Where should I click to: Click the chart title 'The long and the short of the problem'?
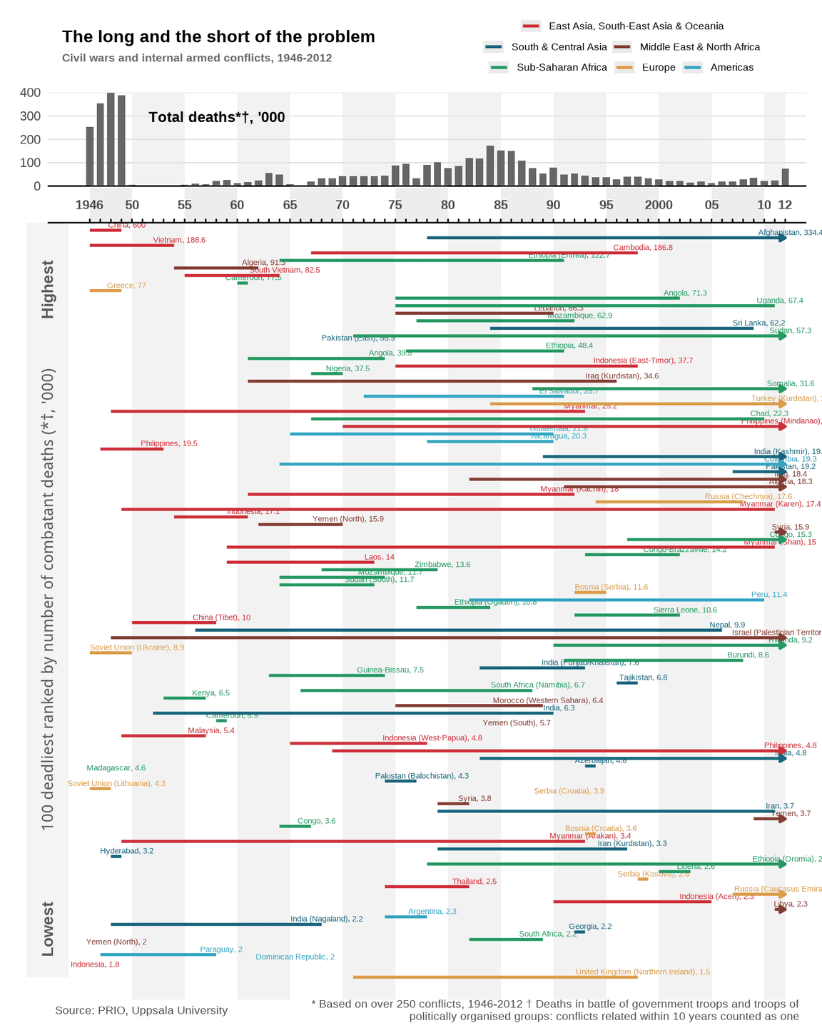point(218,37)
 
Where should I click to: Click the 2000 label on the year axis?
point(659,206)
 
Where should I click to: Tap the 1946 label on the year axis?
point(89,206)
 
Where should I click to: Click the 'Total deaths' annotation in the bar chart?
point(217,117)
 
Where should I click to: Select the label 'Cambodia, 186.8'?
point(643,248)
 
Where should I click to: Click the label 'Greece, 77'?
point(126,286)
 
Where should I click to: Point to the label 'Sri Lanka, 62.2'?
point(758,323)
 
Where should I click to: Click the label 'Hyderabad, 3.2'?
point(126,851)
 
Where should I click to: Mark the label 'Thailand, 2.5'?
point(474,882)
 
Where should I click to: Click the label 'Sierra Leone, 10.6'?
point(685,610)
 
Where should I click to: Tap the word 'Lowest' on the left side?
point(48,928)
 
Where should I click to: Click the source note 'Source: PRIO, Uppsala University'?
point(141,1011)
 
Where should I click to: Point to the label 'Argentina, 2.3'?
point(432,912)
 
